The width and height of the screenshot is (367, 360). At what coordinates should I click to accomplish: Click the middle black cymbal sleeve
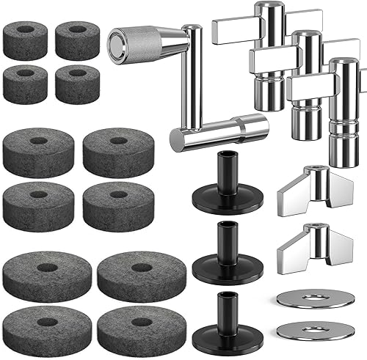pyautogui.click(x=222, y=253)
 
